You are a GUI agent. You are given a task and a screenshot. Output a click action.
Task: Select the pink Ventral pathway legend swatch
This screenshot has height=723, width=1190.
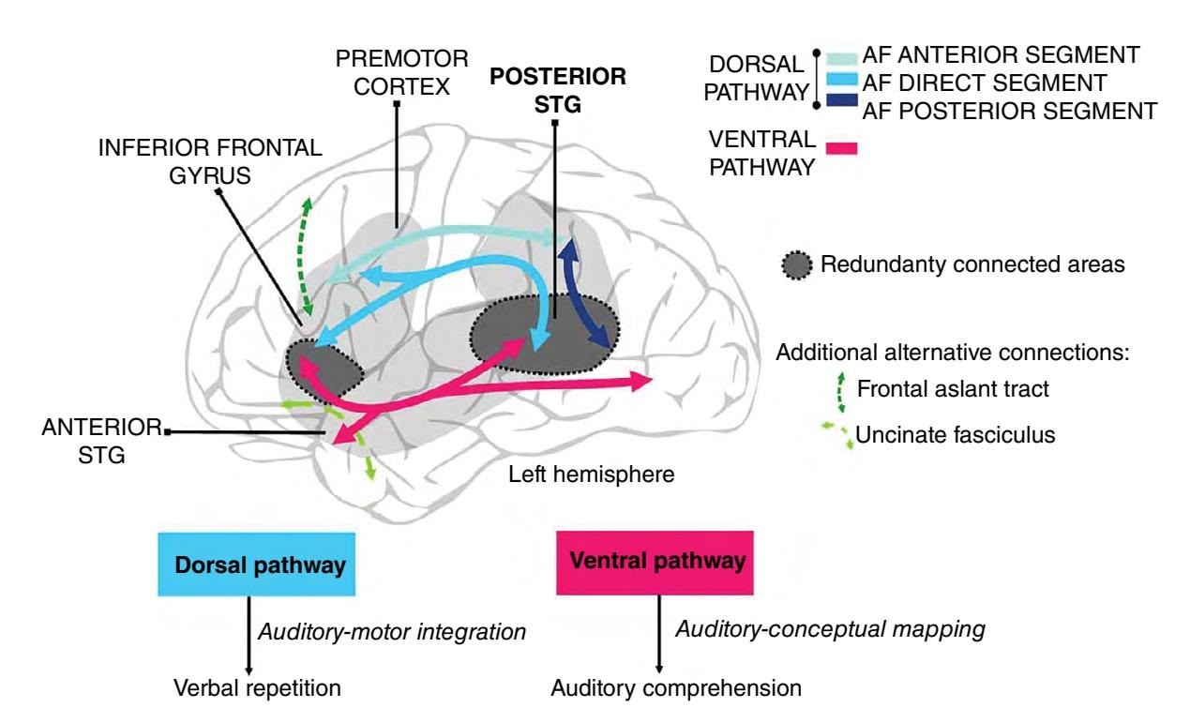click(841, 146)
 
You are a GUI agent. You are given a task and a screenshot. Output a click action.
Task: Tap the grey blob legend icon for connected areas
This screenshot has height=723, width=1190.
click(799, 265)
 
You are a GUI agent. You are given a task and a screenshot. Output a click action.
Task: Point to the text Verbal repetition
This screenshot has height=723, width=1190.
click(256, 688)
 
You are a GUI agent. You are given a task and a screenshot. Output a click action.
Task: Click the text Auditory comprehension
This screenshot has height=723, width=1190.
click(675, 688)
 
